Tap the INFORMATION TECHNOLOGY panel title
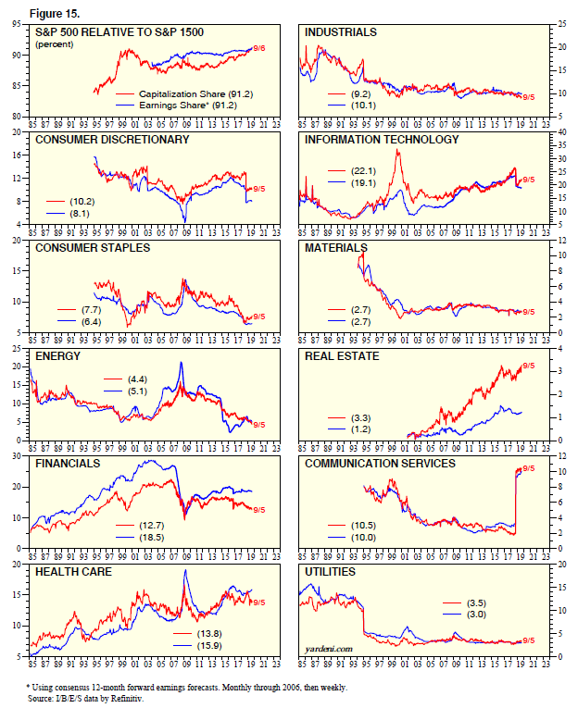[x=382, y=140]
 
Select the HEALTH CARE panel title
[x=74, y=572]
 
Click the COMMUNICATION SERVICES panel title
[x=380, y=463]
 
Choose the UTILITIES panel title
[x=332, y=572]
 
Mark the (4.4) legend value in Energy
[x=133, y=379]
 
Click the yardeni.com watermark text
[x=329, y=649]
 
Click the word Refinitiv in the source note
[x=153, y=698]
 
